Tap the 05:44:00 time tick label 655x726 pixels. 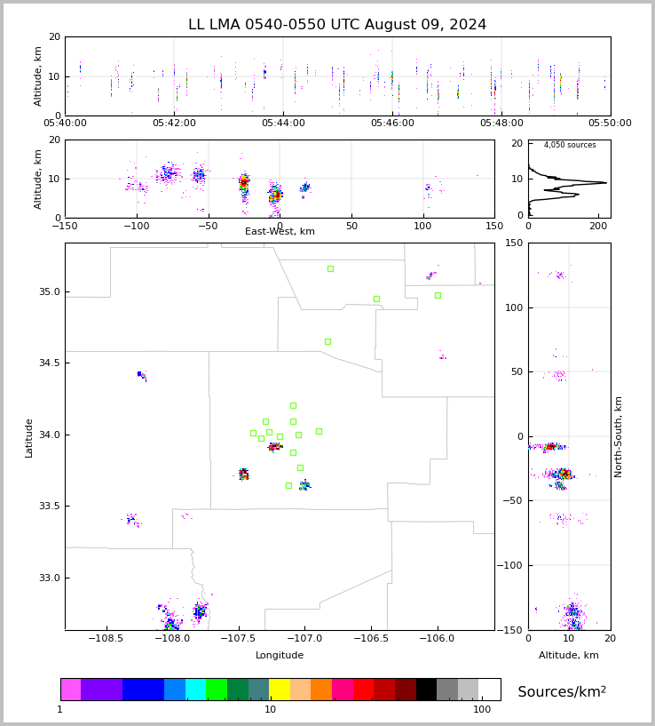coord(283,124)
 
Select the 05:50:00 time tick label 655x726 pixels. coord(610,124)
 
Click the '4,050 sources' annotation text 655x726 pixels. coord(570,145)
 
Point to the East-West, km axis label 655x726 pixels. coord(280,232)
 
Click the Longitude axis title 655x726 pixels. coord(280,656)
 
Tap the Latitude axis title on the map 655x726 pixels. coord(29,437)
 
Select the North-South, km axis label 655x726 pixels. coord(619,436)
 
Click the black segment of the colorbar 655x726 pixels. coord(426,690)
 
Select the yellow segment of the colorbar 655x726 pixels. coord(280,690)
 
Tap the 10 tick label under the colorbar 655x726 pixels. coord(271,710)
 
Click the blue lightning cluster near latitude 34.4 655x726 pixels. coord(141,375)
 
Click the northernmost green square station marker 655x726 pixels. coord(330,268)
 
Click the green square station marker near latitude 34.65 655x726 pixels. coord(327,341)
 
